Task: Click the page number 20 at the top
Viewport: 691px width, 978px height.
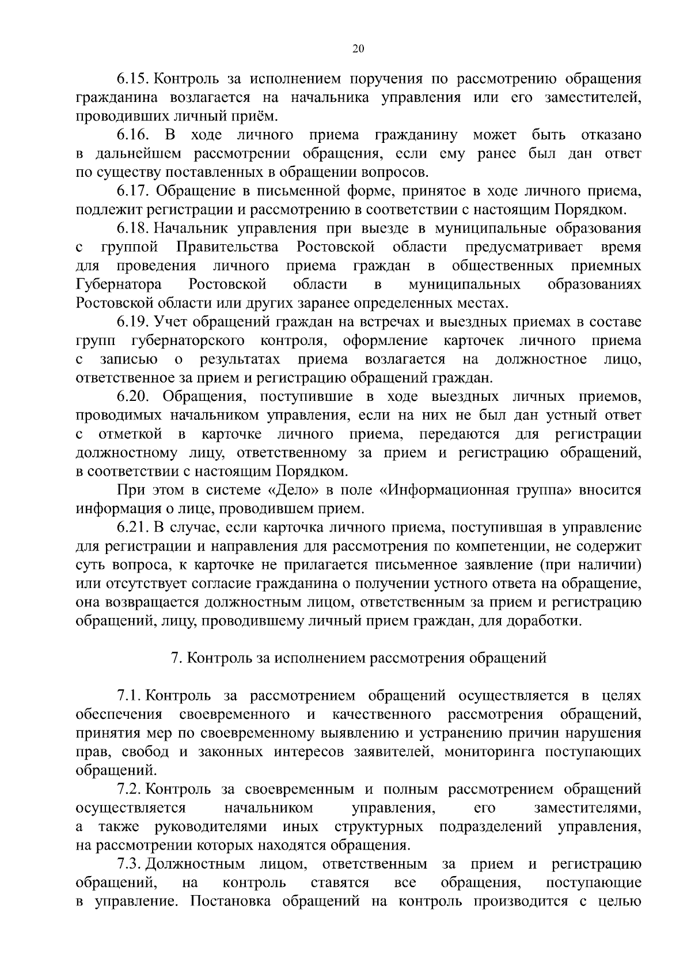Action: pos(357,50)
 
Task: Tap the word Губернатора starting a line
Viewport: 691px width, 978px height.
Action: pos(119,285)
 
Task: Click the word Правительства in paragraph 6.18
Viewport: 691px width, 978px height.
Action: pos(227,247)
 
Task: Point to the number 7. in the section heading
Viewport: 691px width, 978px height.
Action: pos(178,658)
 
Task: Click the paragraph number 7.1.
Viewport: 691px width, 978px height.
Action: pos(130,696)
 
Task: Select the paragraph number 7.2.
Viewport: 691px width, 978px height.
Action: pos(130,790)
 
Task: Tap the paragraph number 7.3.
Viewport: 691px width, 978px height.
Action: pos(130,865)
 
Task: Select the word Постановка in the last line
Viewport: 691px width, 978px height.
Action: pos(220,902)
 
